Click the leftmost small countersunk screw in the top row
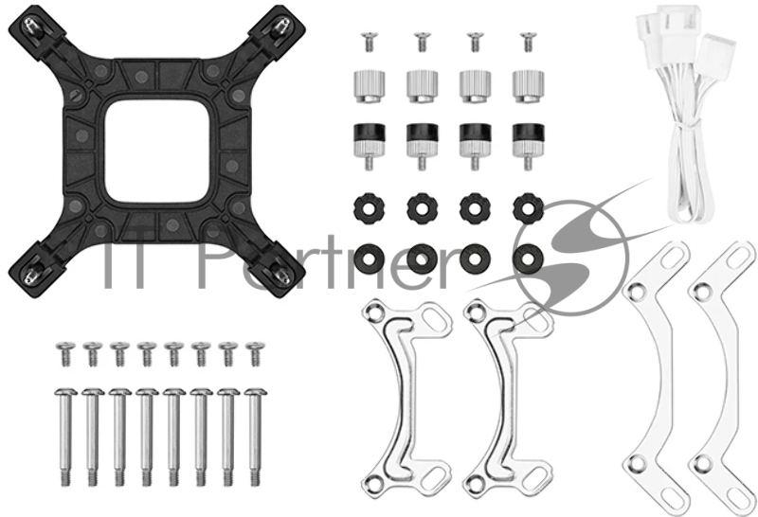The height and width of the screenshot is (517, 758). (x=369, y=42)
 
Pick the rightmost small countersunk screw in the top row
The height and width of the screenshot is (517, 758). (x=528, y=42)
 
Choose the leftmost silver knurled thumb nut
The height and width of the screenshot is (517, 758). (x=370, y=86)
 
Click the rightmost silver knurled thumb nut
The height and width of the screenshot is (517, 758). (x=529, y=86)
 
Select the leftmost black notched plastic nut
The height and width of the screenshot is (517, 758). (x=370, y=208)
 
